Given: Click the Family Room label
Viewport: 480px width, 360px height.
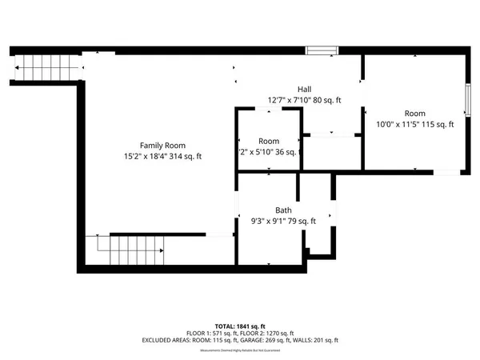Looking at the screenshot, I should coord(157,145).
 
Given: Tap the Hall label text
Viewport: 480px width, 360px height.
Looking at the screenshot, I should coord(305,89).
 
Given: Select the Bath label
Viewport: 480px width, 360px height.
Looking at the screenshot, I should coord(283,210).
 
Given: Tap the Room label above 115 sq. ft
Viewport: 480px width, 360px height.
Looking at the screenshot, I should coord(414,113).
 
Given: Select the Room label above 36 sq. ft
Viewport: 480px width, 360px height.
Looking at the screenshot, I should coord(269,141).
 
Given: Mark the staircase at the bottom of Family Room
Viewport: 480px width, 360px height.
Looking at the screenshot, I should coord(134,251).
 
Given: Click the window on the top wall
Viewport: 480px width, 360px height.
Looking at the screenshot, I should coord(322,50).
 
